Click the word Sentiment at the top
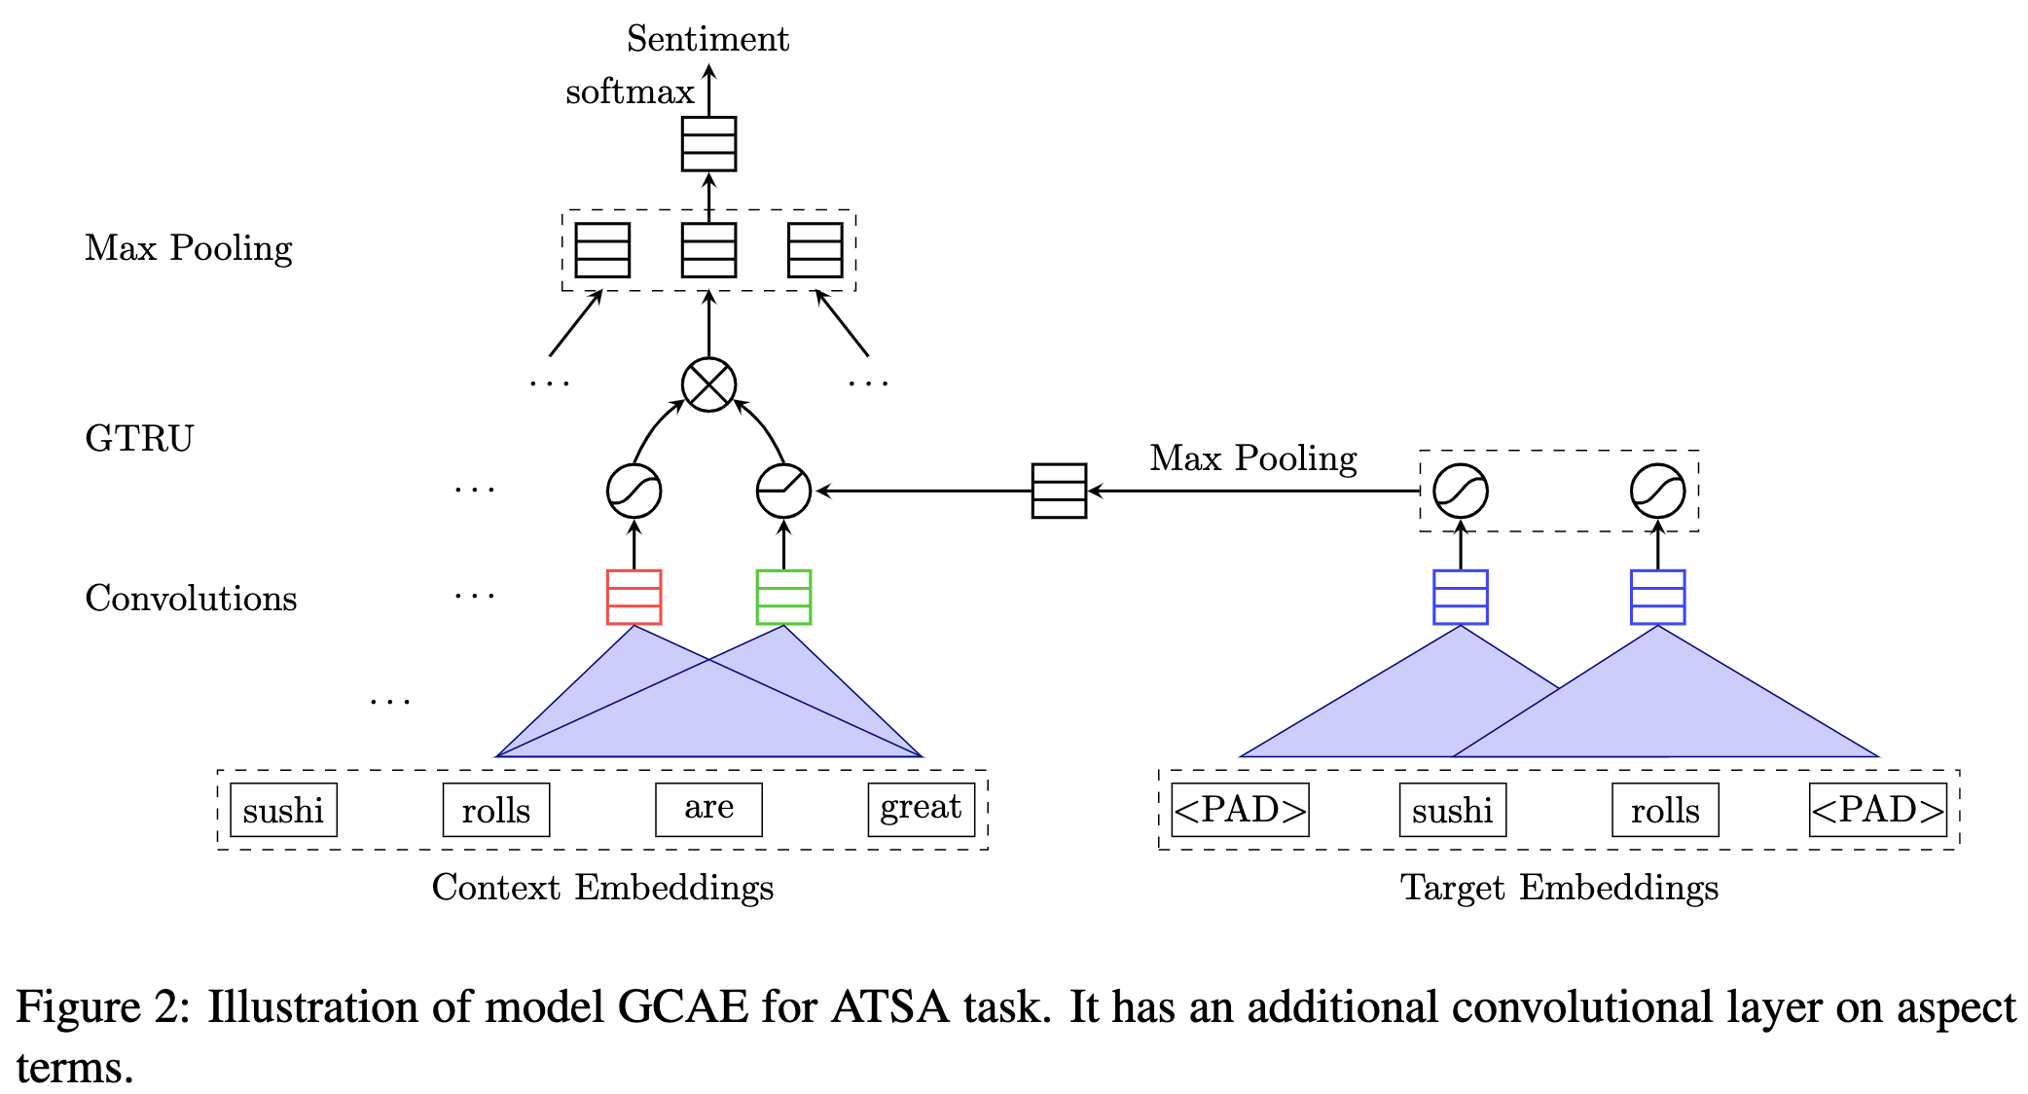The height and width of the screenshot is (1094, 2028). tap(707, 39)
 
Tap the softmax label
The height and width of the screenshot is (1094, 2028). tap(630, 91)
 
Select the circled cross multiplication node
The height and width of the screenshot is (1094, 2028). tap(708, 384)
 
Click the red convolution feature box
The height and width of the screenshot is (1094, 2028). tap(634, 597)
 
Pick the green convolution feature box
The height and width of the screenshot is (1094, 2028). tap(783, 597)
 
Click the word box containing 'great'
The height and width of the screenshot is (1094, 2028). tap(921, 809)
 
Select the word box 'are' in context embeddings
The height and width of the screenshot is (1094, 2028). tap(708, 809)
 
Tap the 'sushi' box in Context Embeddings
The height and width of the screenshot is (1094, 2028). tap(283, 809)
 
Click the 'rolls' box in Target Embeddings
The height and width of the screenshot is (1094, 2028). tap(1665, 809)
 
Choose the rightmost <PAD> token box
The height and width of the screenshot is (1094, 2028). tap(1877, 809)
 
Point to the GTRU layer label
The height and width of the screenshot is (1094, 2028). tap(139, 438)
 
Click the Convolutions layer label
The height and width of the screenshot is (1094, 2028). tap(191, 598)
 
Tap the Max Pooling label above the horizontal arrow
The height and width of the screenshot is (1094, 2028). tap(1252, 457)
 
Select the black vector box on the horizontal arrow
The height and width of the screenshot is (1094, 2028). tap(1059, 491)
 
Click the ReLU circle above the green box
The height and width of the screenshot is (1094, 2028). tap(783, 491)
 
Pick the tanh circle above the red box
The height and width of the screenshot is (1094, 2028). tap(634, 491)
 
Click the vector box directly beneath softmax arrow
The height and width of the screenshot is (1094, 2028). tap(708, 144)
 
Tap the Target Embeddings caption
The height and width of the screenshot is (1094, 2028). tap(1559, 887)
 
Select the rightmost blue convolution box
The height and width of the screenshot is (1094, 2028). tap(1657, 597)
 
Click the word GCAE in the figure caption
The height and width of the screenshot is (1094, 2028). tap(682, 1006)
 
